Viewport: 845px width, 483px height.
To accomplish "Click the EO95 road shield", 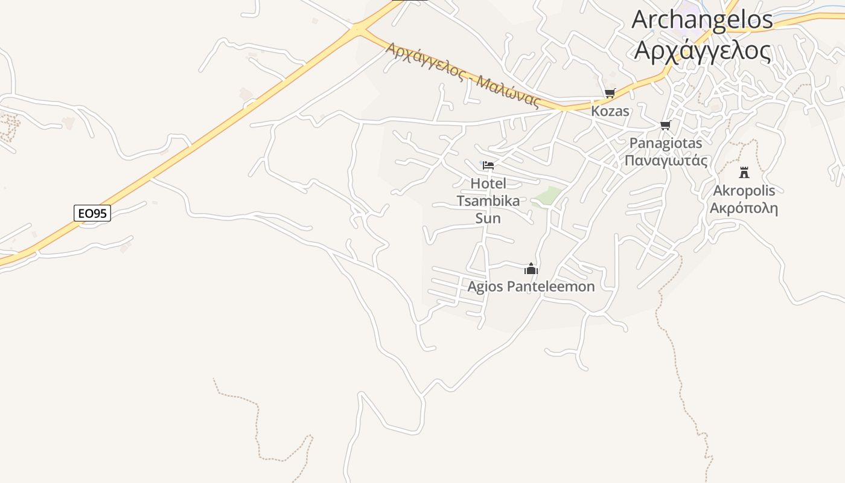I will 92,213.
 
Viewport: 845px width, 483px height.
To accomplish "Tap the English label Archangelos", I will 702,19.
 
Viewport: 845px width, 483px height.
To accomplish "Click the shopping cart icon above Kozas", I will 610,93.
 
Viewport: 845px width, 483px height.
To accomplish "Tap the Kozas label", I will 610,111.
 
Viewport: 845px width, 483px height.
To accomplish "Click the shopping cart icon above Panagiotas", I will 665,125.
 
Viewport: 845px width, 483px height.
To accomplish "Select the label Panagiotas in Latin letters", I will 666,143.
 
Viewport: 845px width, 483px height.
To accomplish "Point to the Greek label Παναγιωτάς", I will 666,160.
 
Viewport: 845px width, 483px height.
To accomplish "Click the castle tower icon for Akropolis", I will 744,172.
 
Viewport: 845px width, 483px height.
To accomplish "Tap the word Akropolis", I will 744,191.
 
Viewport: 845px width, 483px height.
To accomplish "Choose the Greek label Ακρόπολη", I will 744,209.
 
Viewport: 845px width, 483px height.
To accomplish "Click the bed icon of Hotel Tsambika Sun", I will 488,165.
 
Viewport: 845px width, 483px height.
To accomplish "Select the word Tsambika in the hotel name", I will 488,201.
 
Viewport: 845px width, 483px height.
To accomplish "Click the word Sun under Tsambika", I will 488,218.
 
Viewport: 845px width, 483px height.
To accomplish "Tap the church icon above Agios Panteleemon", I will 531,269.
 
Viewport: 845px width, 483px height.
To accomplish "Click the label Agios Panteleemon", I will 531,287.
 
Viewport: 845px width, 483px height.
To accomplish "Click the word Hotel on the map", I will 488,184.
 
